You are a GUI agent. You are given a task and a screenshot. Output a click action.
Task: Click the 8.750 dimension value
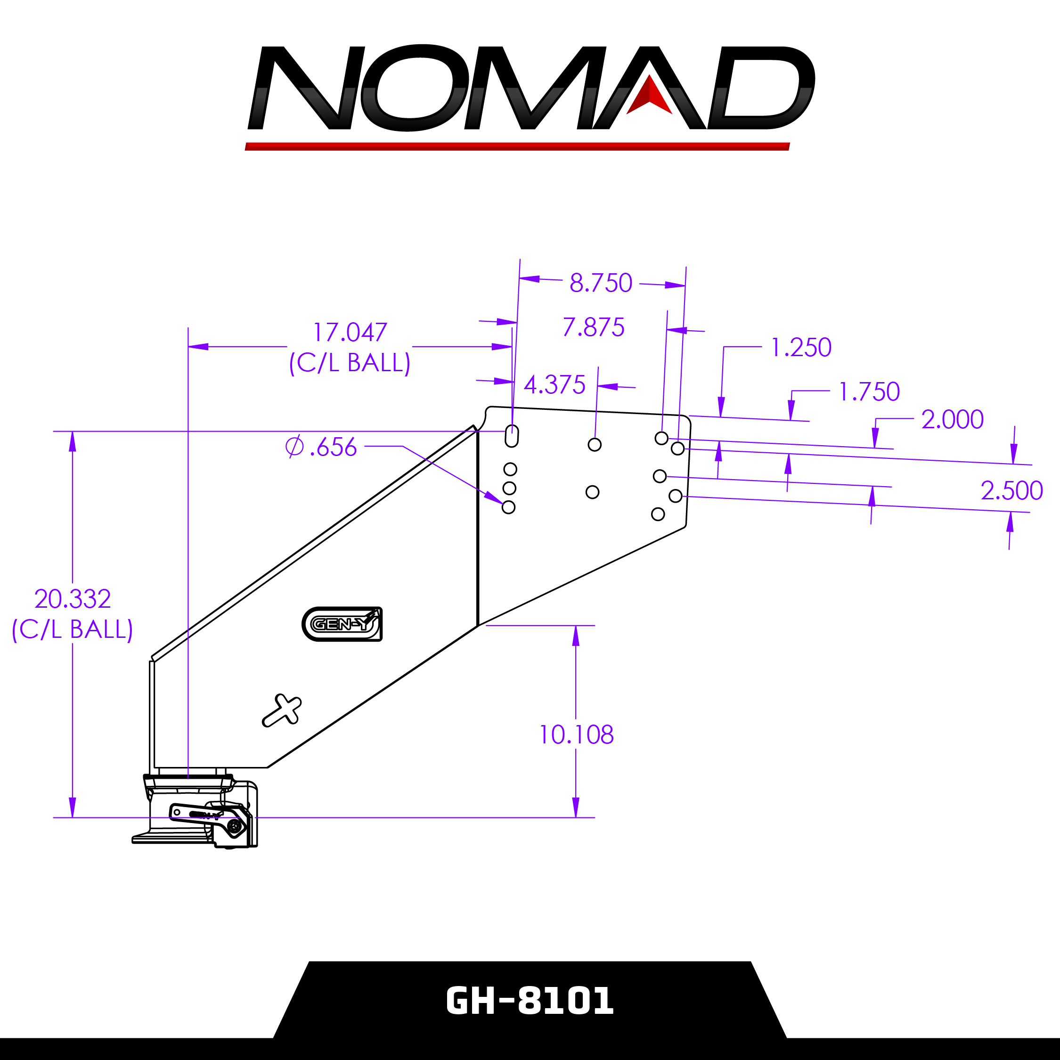point(601,283)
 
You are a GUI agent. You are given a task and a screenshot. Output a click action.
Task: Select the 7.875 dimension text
point(594,327)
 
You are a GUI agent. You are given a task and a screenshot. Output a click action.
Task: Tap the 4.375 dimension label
point(554,385)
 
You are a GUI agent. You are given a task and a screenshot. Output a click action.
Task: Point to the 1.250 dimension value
point(801,348)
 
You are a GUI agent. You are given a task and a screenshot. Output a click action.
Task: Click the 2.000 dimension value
point(953,420)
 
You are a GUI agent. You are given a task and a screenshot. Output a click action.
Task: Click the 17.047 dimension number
point(350,333)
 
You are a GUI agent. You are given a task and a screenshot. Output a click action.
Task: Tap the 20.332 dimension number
point(73,599)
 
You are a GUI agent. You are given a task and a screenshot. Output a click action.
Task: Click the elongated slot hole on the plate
point(512,436)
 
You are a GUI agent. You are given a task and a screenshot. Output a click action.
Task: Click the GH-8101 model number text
point(530,1001)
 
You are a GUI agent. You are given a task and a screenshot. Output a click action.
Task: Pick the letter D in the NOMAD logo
point(760,88)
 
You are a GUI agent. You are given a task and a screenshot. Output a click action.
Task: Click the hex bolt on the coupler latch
point(235,826)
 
